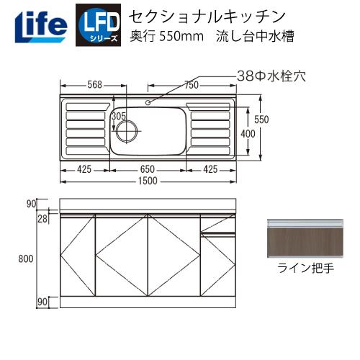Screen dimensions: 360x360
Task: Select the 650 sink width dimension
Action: [x=148, y=170]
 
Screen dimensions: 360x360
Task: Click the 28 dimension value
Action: [x=43, y=217]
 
